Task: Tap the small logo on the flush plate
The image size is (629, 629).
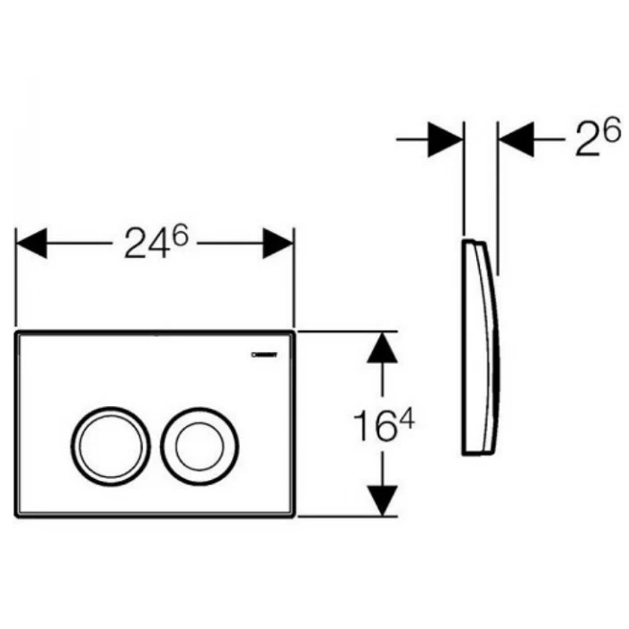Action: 264,355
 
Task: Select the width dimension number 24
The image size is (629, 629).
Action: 146,244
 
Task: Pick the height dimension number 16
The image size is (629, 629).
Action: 373,427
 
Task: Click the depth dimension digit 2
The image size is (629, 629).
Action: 587,140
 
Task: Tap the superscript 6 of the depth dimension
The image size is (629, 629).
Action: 613,131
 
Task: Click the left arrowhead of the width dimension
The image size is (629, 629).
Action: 31,244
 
